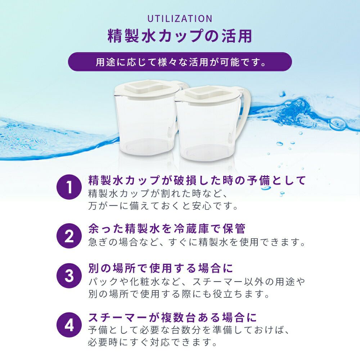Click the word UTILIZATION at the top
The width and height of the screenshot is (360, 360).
[180, 19]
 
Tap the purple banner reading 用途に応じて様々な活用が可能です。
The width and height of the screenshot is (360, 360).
[180, 62]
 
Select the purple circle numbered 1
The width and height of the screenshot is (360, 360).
[69, 187]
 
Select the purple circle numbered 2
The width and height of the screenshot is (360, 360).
[69, 236]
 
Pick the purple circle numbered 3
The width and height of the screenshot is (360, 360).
[69, 275]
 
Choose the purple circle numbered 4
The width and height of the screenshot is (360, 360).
[69, 324]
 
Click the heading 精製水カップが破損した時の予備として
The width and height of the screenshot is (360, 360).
[197, 180]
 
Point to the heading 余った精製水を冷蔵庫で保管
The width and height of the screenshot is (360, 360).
[167, 229]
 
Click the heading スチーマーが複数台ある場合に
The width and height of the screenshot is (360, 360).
[173, 318]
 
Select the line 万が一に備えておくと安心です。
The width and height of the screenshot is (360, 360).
[163, 206]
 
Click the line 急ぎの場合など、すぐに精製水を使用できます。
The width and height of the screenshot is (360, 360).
[197, 242]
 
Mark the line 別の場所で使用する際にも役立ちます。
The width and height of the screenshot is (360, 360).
[179, 294]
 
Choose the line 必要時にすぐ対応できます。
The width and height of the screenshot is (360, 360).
[153, 343]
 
